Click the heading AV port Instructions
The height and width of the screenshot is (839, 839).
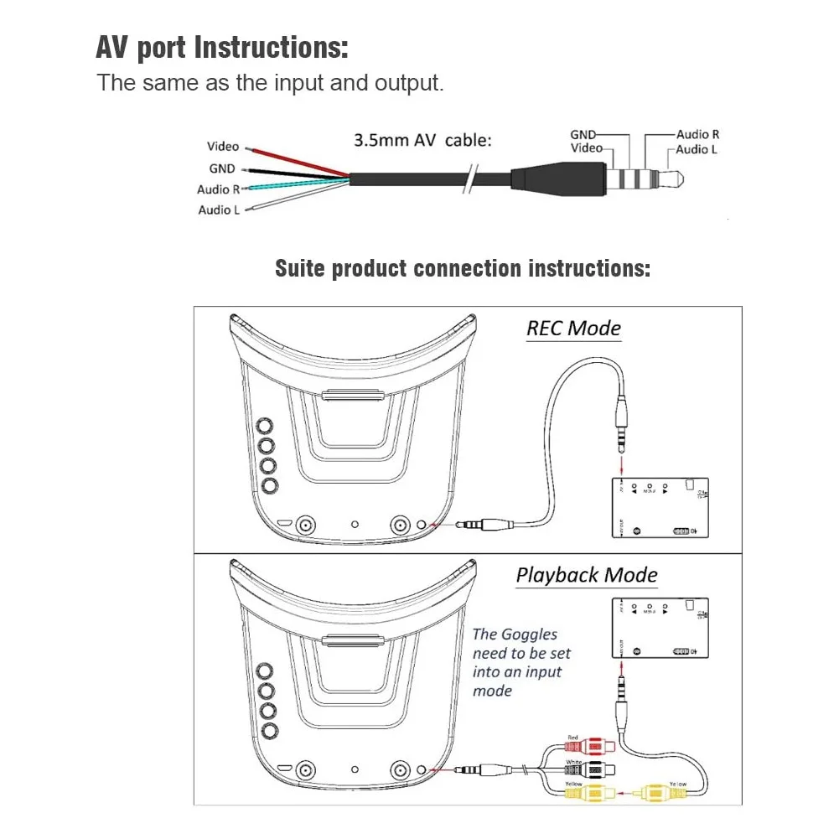[222, 47]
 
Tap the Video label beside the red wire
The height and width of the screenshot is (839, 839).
[223, 147]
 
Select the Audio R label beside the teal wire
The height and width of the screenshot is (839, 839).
[219, 189]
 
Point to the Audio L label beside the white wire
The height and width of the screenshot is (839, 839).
[219, 210]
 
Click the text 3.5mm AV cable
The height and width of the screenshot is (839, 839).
[422, 140]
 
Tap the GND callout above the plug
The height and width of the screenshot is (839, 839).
[583, 134]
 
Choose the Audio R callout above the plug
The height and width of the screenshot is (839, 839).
[697, 134]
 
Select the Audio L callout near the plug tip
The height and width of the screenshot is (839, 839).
[697, 149]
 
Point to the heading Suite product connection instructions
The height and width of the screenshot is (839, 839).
[463, 269]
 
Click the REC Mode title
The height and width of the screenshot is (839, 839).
[573, 328]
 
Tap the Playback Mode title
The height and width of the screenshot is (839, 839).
[587, 575]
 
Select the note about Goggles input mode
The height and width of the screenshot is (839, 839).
[522, 662]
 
